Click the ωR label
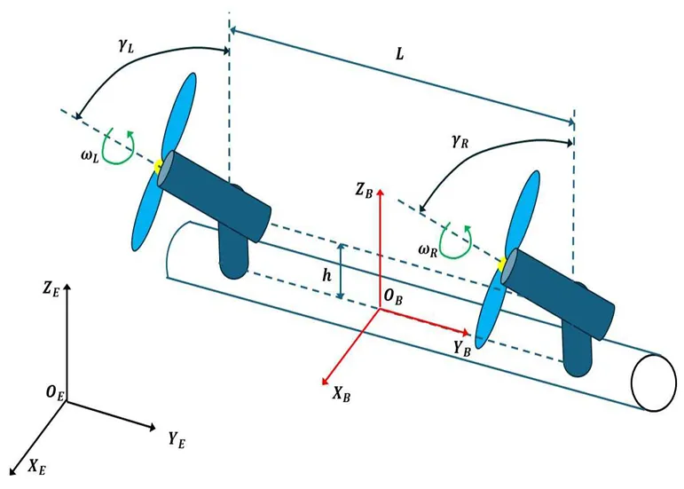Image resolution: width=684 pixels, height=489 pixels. point(428,248)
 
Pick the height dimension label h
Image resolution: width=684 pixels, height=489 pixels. point(327,275)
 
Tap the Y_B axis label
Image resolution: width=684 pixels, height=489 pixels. point(460,348)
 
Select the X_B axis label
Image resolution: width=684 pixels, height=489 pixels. point(341,394)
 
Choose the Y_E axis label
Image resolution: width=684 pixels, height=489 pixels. point(176,437)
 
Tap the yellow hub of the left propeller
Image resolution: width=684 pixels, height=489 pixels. point(159,166)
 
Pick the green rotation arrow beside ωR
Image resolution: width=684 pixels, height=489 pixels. point(460,240)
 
